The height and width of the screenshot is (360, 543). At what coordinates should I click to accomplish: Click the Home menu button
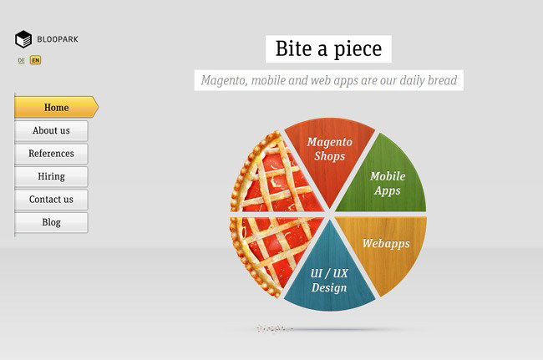pyautogui.click(x=56, y=107)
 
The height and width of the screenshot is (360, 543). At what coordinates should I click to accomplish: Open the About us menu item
pyautogui.click(x=51, y=131)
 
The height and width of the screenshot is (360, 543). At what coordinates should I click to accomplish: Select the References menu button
pyautogui.click(x=51, y=154)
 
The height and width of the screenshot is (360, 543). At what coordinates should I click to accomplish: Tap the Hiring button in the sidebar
pyautogui.click(x=51, y=176)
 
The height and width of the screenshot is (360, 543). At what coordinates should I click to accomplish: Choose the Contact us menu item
pyautogui.click(x=51, y=200)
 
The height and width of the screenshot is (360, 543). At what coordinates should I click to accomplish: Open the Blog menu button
pyautogui.click(x=51, y=222)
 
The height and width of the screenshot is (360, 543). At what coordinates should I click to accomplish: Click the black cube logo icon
pyautogui.click(x=23, y=39)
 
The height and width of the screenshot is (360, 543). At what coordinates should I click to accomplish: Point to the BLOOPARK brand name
pyautogui.click(x=58, y=39)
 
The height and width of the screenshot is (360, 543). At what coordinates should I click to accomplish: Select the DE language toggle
pyautogui.click(x=21, y=61)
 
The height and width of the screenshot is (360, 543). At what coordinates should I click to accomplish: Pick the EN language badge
pyautogui.click(x=35, y=60)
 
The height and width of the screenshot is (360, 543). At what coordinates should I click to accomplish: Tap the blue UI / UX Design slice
pyautogui.click(x=329, y=277)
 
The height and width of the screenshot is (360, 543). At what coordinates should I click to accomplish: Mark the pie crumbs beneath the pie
pyautogui.click(x=274, y=328)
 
